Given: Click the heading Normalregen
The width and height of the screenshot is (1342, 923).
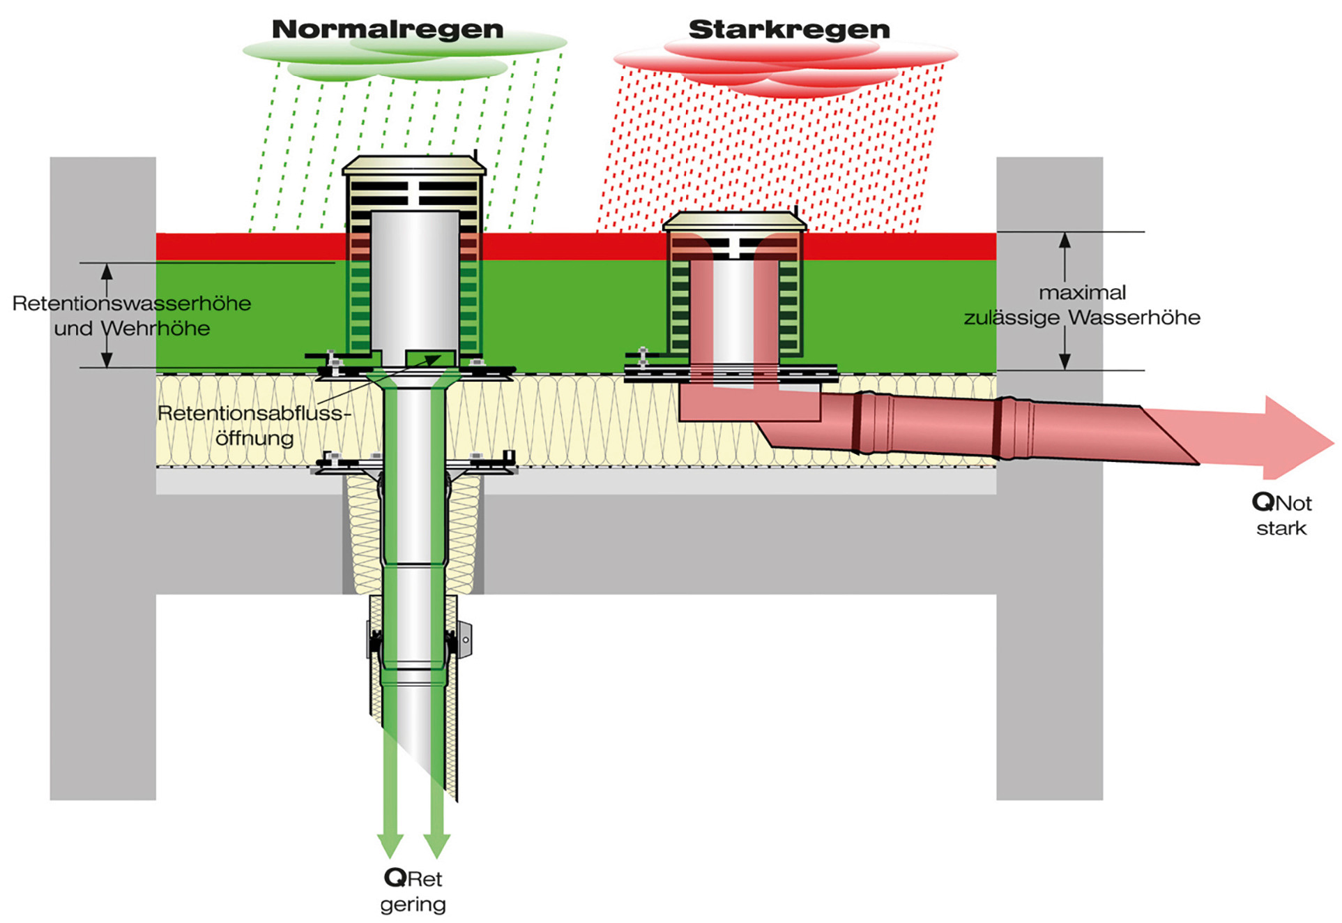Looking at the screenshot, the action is [388, 29].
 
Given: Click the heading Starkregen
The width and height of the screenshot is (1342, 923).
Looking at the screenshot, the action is [789, 29].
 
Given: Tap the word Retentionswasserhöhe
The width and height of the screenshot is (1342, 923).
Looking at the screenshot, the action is [132, 303].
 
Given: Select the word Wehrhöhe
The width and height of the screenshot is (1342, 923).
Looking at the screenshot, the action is [155, 328].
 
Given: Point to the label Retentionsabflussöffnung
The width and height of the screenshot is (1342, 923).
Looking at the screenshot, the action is [254, 426].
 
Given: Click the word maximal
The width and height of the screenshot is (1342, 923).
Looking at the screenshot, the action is [1082, 292].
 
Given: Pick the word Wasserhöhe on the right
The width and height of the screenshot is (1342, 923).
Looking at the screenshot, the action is [1134, 317].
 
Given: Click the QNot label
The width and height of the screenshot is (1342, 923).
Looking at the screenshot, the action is [1281, 502].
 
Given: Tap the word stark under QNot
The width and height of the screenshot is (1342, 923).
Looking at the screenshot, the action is [1281, 528].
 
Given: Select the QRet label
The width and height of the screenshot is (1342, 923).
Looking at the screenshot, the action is [413, 878].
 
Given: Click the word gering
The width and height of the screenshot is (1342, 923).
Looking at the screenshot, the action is [413, 905].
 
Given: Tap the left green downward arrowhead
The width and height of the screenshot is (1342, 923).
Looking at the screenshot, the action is [390, 845].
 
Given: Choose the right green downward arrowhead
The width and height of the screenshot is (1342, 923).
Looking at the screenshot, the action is [436, 845].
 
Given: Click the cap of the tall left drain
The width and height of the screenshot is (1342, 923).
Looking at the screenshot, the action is [414, 165].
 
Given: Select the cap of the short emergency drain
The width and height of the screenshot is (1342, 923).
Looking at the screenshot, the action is [735, 221].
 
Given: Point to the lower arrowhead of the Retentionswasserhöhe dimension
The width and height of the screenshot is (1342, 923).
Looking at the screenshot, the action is [107, 359].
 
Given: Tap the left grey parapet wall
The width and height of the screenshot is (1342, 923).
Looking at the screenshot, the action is [102, 478].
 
